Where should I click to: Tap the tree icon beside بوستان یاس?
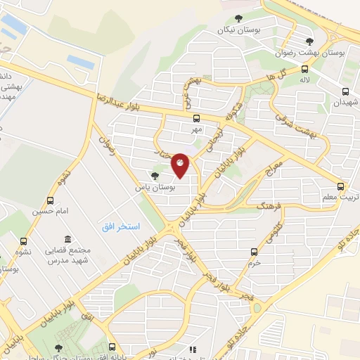click(155, 176)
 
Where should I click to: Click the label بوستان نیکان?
click(234, 30)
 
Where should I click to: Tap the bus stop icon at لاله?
click(304, 69)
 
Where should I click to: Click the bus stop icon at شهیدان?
click(345, 91)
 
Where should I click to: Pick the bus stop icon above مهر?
click(196, 118)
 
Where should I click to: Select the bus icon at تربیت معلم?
click(341, 186)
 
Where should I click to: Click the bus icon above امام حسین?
click(50, 200)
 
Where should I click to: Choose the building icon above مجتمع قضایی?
click(67, 240)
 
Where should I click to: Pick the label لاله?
click(304, 81)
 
